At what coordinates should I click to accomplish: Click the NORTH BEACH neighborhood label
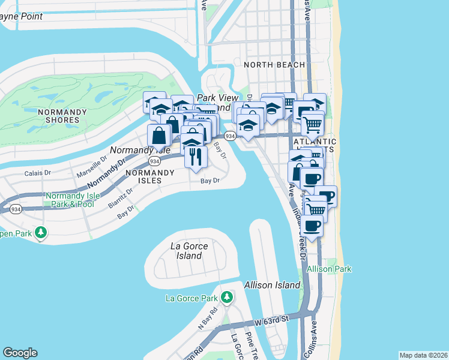click(x=274, y=65)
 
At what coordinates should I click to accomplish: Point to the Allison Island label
click(x=267, y=285)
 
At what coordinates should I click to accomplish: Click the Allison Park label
click(x=329, y=269)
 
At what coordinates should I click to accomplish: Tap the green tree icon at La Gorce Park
click(x=226, y=297)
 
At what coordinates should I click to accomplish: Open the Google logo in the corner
click(x=20, y=353)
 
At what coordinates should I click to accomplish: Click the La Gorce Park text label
click(x=191, y=298)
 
